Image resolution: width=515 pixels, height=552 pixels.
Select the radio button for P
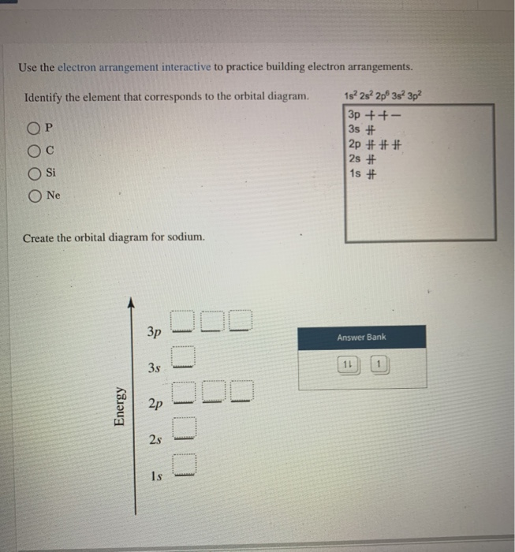35,129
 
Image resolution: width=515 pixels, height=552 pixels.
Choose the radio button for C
35,151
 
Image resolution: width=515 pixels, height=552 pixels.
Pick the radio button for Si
35,172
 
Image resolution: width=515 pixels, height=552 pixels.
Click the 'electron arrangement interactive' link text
133,67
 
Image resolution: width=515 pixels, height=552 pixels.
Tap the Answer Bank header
361,338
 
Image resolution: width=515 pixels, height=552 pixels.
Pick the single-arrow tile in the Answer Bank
379,364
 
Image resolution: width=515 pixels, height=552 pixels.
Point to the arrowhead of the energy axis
131,302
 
